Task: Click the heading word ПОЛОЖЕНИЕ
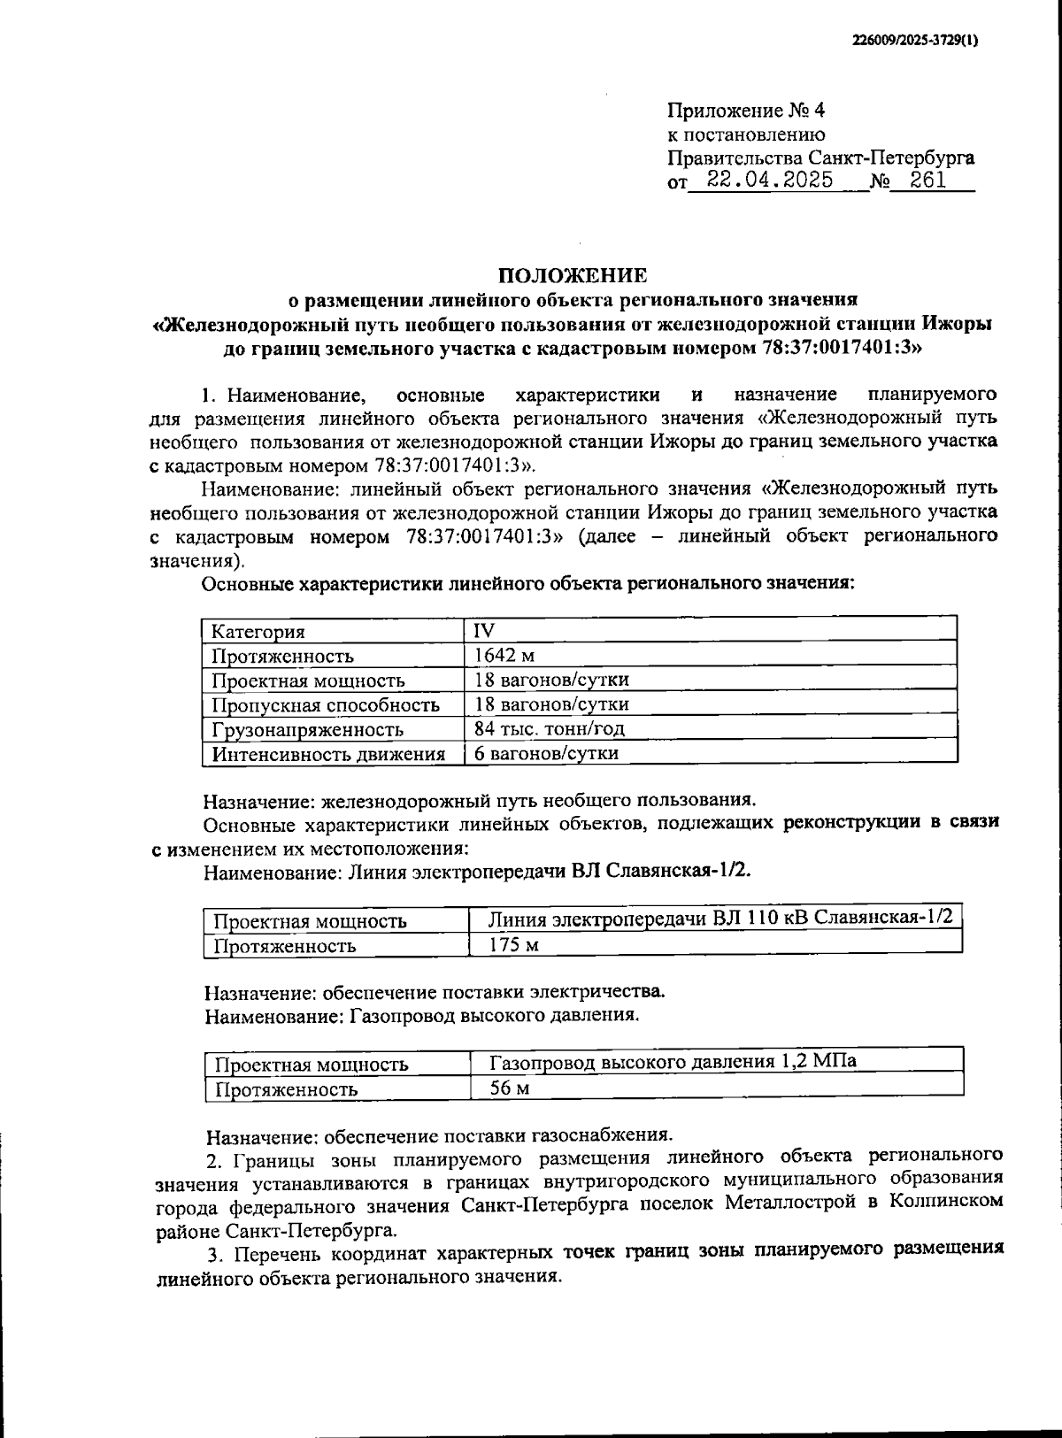pos(572,275)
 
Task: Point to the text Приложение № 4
pos(745,111)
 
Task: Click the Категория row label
pos(258,632)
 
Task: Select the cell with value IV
pos(484,631)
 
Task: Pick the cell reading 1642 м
pos(504,656)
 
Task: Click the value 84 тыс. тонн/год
pos(550,729)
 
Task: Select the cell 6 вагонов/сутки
pos(546,754)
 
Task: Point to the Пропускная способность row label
pos(325,705)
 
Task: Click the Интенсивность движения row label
pos(327,755)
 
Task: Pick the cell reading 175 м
pos(514,944)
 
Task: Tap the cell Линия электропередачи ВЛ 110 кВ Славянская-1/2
pos(720,918)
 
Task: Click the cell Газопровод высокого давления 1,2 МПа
pos(673,1062)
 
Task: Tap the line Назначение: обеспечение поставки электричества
pos(435,991)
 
